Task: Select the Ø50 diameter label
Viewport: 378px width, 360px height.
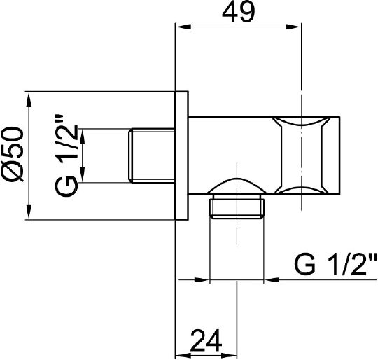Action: click(x=15, y=155)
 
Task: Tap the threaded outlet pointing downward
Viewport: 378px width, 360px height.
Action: click(x=238, y=209)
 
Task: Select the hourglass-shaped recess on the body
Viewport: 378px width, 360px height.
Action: click(x=302, y=155)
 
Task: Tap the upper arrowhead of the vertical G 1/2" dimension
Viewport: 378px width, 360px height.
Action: click(x=83, y=134)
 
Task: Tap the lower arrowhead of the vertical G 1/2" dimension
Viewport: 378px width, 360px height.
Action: click(x=83, y=177)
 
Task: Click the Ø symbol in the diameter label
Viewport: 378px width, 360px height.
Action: click(x=15, y=174)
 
